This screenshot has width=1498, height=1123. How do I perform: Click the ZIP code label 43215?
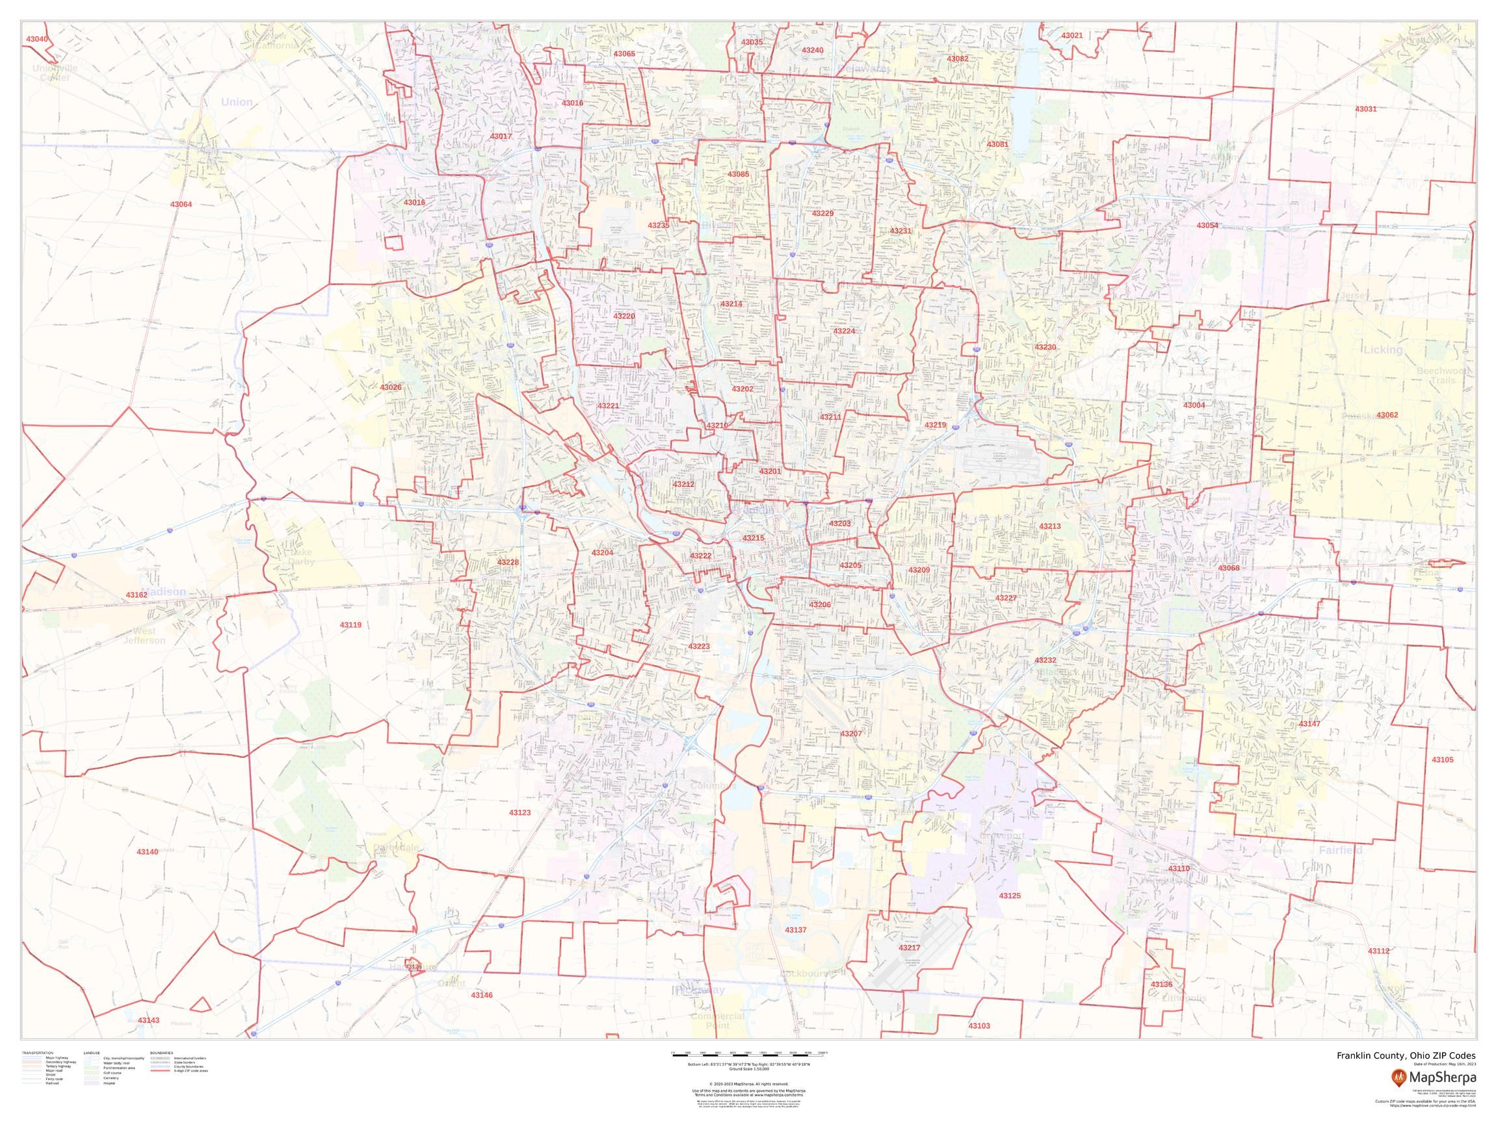(x=753, y=538)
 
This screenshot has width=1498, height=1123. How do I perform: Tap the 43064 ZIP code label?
(x=181, y=204)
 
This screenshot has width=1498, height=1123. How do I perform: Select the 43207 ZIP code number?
(x=850, y=734)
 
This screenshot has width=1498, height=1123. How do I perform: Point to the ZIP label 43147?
(x=1309, y=725)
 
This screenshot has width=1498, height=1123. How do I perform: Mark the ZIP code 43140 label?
(x=147, y=851)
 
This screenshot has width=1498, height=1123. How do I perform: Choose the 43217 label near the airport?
(x=910, y=948)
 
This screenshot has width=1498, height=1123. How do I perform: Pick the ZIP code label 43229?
(x=823, y=213)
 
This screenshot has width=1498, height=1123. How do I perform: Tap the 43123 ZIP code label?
(x=519, y=812)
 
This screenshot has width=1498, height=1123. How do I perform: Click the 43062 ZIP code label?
(x=1387, y=415)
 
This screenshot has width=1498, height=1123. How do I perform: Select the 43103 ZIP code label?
(x=979, y=1026)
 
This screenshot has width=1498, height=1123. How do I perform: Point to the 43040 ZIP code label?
(x=36, y=39)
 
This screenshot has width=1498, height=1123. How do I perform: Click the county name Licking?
(x=1383, y=350)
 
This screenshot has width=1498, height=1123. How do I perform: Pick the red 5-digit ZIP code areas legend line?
(x=160, y=1072)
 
